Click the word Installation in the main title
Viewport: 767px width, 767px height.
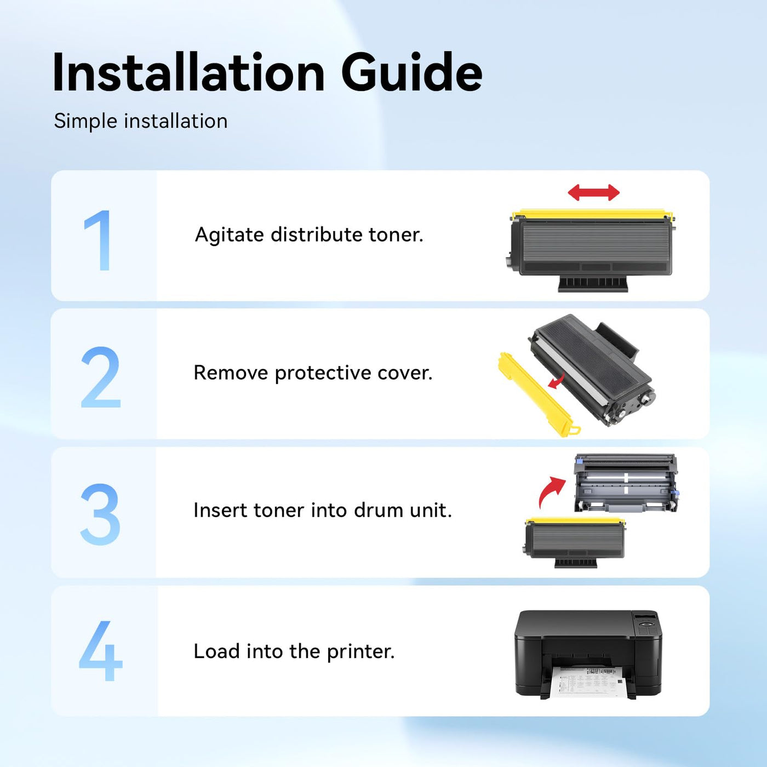coord(189,73)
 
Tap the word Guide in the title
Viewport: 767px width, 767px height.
coord(411,72)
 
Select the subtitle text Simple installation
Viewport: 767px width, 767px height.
coord(140,121)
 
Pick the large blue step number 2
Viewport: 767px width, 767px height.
coord(101,377)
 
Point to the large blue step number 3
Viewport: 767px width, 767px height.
coord(100,514)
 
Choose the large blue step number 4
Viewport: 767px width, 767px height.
coord(101,651)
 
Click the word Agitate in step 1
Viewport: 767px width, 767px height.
coord(229,235)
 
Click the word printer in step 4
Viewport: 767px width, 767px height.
coord(360,652)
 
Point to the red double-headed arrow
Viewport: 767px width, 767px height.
coord(593,193)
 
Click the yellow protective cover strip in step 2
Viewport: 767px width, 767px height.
coord(537,394)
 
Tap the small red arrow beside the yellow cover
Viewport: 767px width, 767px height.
coord(556,381)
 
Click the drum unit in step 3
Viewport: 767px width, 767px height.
coord(626,483)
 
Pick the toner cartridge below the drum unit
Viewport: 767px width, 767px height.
coord(574,542)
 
